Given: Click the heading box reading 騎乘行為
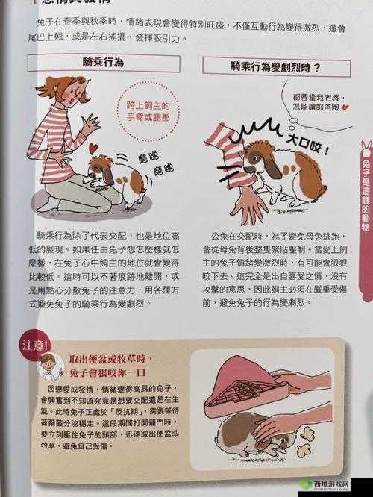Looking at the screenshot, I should tap(114, 64).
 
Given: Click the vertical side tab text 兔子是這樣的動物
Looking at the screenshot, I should tap(365, 202).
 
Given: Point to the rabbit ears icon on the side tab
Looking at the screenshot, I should tap(366, 149).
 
